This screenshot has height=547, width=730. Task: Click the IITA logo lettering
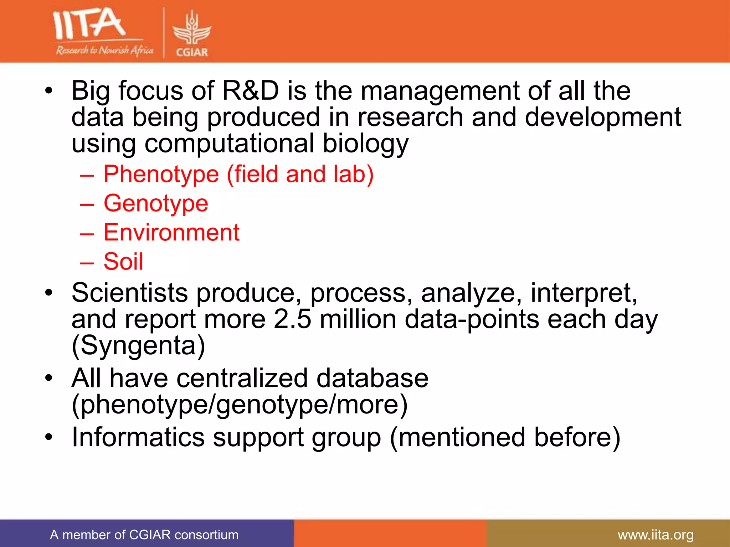point(89,24)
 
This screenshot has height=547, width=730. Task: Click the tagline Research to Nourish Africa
point(104,50)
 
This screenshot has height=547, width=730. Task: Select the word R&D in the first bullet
point(250,91)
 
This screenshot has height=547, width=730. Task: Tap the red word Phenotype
point(161,174)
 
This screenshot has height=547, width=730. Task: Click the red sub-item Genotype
point(156,204)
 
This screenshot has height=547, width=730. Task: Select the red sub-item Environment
point(171,233)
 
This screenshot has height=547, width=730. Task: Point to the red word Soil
point(123,262)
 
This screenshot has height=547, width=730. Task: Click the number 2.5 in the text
point(292,319)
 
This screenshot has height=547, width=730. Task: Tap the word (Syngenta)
point(138,345)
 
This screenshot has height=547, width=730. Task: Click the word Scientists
point(129,293)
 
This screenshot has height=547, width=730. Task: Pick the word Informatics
point(138,437)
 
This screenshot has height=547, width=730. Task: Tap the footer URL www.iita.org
point(656,535)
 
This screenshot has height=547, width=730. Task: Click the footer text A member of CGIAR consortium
point(144,535)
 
